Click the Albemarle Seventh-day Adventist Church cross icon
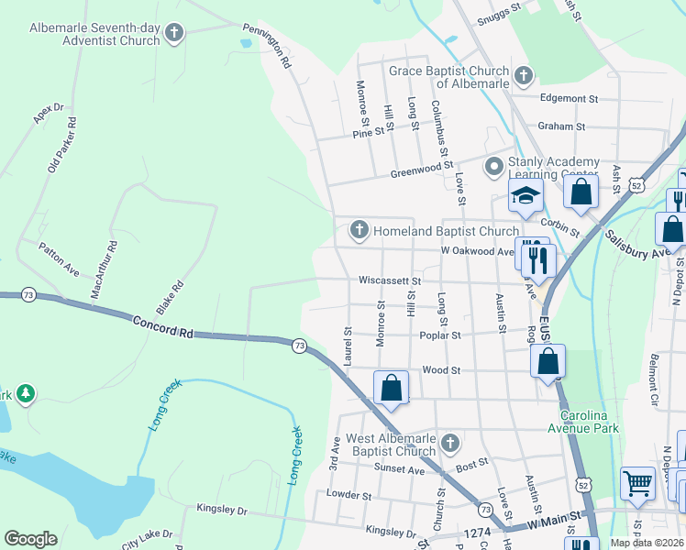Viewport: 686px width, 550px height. click(174, 35)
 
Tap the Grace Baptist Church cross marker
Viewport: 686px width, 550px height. click(524, 76)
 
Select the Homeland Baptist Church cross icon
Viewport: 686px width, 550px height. click(360, 231)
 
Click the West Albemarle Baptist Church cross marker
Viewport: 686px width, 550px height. click(449, 444)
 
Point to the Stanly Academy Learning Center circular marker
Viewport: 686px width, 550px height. click(494, 167)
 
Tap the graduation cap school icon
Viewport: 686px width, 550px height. click(526, 195)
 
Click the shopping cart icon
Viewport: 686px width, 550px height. click(637, 482)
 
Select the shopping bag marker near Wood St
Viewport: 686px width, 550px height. click(392, 387)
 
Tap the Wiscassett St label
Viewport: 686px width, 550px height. click(390, 281)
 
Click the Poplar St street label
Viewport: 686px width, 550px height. click(441, 335)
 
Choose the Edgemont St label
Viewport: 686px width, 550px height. click(569, 98)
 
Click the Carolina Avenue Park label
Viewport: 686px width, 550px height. click(583, 421)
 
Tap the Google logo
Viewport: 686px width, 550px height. click(30, 539)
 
